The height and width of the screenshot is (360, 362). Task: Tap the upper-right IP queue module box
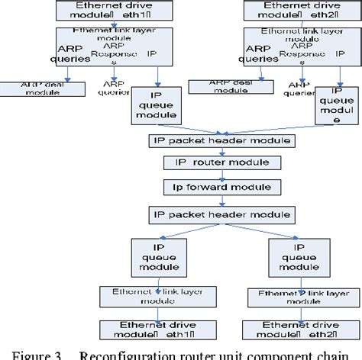coord(329,104)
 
